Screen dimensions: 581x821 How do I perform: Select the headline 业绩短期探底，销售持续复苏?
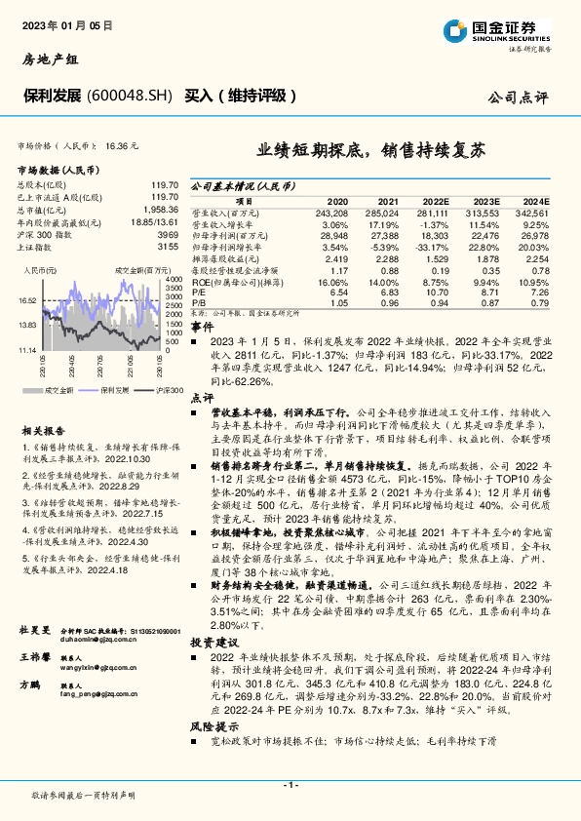click(x=370, y=151)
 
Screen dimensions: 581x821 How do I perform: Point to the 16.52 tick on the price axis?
click(x=28, y=301)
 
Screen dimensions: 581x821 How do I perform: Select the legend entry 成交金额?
click(x=59, y=389)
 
